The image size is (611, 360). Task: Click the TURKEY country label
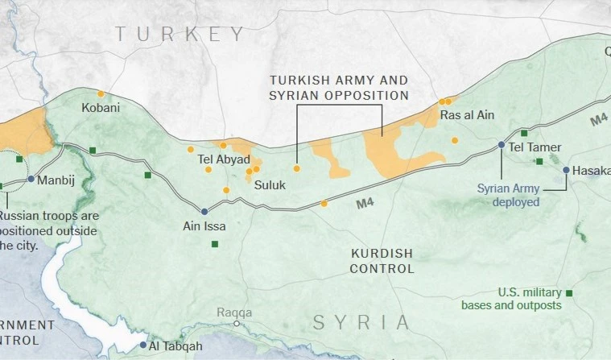pos(180,34)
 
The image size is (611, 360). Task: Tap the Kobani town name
pos(101,108)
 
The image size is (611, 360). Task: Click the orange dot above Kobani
pos(101,93)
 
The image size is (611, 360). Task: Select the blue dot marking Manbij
pos(31,179)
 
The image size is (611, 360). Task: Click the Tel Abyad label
pos(224,159)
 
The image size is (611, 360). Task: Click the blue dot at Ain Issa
pos(204,212)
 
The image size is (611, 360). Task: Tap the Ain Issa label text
pos(204,226)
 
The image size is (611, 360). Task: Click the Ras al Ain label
pos(467,115)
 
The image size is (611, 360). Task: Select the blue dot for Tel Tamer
pos(502,145)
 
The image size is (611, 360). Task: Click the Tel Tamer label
pos(535,147)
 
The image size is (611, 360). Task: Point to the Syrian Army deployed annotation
pos(507,195)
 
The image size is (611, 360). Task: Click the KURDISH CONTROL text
pos(382,261)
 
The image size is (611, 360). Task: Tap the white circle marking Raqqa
pos(237,324)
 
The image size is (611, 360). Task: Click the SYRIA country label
pos(361,323)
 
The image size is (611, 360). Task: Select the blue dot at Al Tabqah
pos(143,345)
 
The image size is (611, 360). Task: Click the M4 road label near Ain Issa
pos(365,205)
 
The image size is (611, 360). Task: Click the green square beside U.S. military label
pos(569,293)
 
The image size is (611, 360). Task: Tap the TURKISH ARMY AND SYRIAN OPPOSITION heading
pos(339,88)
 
